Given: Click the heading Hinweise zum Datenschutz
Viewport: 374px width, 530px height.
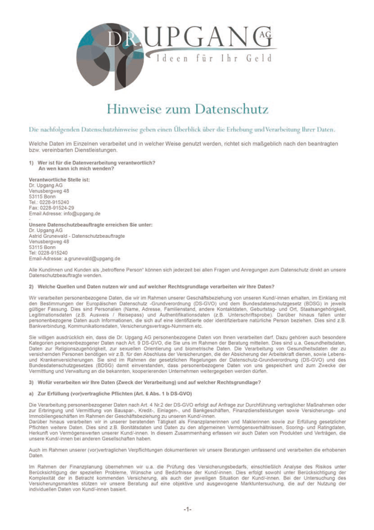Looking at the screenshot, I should click(x=187, y=110).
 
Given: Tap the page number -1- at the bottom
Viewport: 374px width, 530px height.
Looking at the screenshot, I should click(x=187, y=509).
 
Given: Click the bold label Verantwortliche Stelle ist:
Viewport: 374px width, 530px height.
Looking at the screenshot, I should click(x=59, y=179).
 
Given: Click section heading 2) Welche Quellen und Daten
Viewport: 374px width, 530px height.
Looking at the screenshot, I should click(x=152, y=286).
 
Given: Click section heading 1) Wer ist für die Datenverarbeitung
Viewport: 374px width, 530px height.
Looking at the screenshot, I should click(x=92, y=162).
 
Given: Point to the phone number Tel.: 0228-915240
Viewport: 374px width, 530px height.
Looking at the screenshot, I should click(x=49, y=202).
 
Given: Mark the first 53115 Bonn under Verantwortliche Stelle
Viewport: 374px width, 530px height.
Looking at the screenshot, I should click(x=42, y=196).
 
